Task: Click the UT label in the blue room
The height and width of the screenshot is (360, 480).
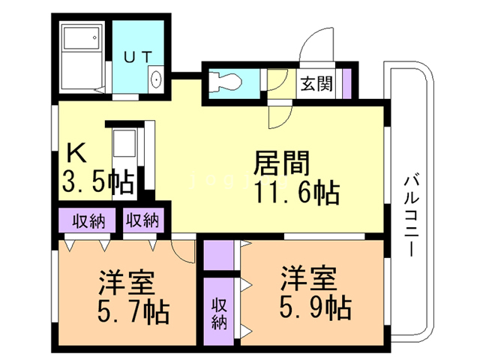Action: [x=138, y=57]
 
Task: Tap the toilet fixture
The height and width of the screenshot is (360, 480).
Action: [x=226, y=82]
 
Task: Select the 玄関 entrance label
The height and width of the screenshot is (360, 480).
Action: [x=316, y=83]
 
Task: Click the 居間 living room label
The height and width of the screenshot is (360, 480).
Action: [x=282, y=163]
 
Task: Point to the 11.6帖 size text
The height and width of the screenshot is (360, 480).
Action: [x=297, y=192]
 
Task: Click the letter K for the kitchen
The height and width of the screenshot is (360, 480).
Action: [x=76, y=153]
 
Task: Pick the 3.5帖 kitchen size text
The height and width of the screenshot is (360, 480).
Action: [x=98, y=182]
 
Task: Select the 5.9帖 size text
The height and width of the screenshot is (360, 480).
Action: [x=315, y=307]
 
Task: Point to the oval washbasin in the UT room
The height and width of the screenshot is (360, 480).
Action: [x=156, y=79]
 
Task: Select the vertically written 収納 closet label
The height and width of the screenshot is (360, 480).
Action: [x=219, y=313]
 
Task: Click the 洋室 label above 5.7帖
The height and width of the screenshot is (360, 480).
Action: [x=127, y=282]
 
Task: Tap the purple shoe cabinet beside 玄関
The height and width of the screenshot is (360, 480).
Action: [x=346, y=83]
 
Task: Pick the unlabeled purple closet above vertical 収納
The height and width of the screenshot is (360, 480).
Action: [x=218, y=255]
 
